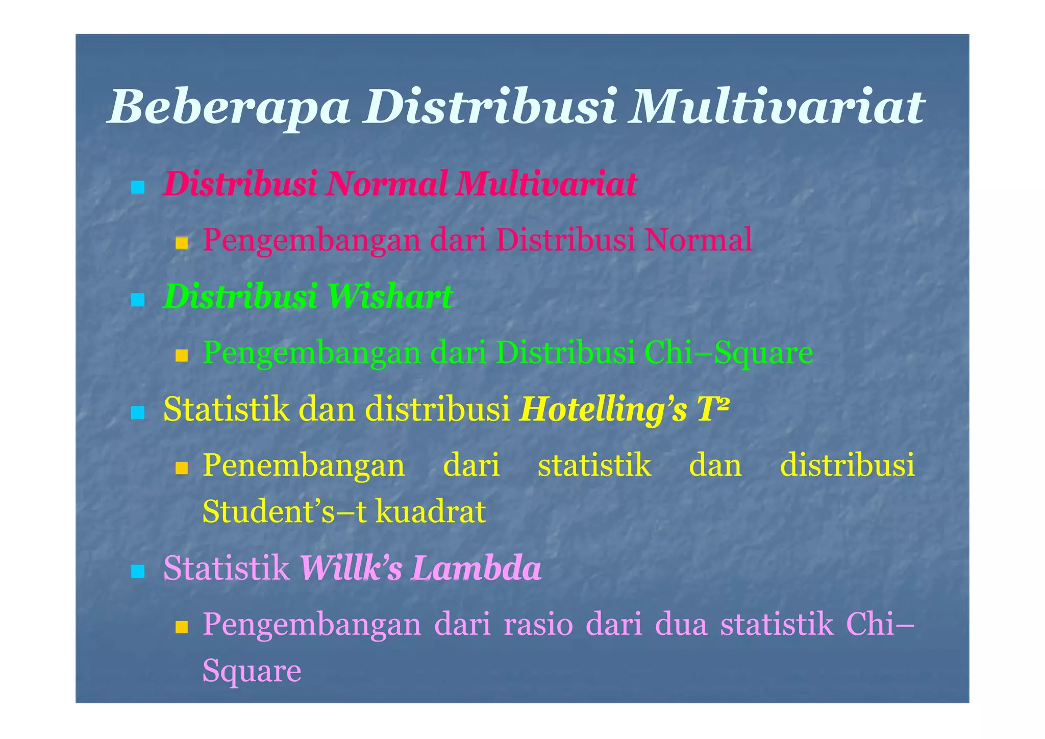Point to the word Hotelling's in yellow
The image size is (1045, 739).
[602, 410]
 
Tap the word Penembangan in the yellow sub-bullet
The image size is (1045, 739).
[304, 465]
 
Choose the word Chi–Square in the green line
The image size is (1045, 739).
[729, 352]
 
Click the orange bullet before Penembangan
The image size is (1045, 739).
[182, 468]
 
